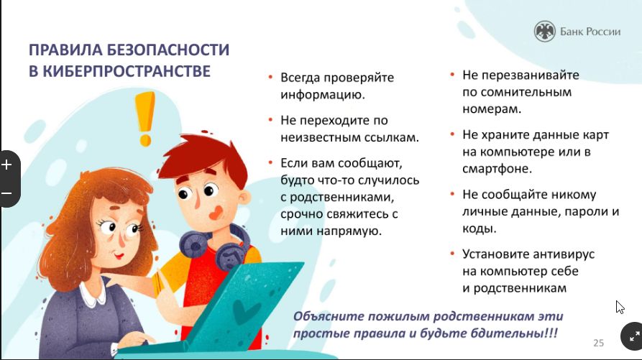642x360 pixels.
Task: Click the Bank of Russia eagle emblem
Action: coord(545,31)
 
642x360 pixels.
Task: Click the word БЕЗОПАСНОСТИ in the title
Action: coord(168,50)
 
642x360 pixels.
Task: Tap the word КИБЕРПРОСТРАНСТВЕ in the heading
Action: coord(127,71)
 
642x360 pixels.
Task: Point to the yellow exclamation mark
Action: coord(145,119)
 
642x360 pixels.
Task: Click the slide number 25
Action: coord(599,343)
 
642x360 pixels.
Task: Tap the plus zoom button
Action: coord(6,165)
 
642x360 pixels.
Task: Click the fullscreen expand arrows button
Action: coord(634,337)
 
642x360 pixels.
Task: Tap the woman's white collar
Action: coord(93,295)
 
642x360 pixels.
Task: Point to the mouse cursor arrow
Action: coord(620,307)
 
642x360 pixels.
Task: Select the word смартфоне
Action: coord(497,169)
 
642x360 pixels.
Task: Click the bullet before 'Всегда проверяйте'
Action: coord(270,76)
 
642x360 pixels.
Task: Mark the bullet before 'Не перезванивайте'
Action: coord(452,75)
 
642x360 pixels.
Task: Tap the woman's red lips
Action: coord(119,256)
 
